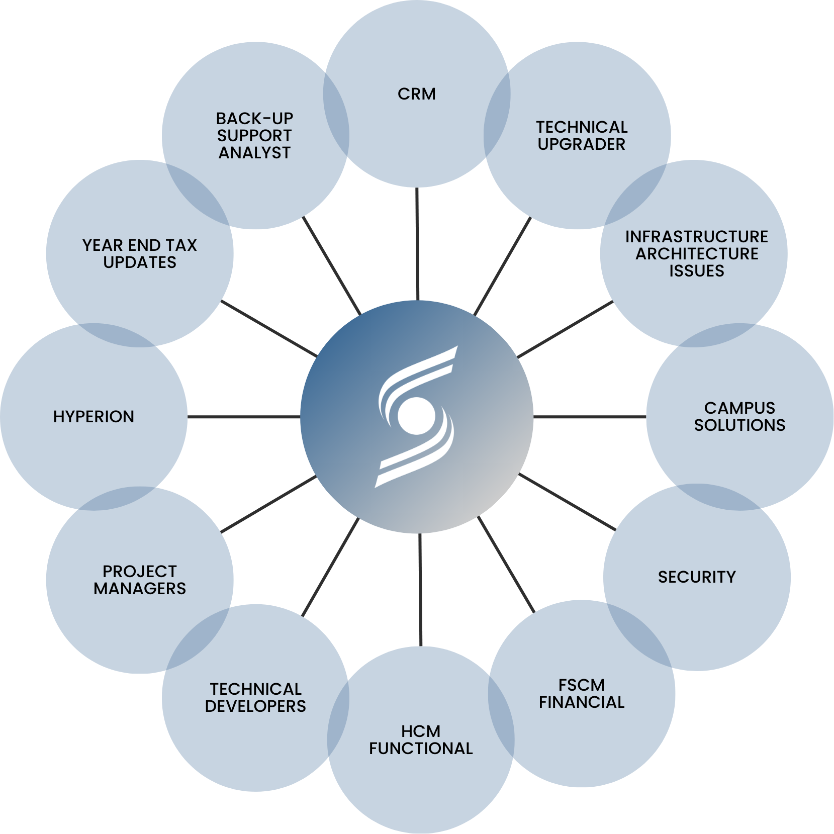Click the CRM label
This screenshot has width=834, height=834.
416,94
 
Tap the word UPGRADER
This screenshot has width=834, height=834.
581,144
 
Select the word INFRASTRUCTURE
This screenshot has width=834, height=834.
696,236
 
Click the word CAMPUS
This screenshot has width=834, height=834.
739,408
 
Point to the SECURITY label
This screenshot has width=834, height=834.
697,577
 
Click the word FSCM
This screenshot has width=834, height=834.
581,685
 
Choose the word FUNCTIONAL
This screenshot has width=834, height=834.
421,748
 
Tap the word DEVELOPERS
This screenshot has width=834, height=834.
255,706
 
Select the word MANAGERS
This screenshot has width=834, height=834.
140,588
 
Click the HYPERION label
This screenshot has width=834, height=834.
94,417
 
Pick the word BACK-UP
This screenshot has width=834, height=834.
254,119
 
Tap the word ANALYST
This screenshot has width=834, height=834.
254,153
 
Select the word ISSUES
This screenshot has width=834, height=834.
696,270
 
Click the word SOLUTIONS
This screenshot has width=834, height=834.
739,425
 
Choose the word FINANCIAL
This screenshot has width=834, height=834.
581,702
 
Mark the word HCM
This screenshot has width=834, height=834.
421,731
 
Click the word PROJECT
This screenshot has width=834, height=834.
140,571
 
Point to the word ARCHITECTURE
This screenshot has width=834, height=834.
696,253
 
